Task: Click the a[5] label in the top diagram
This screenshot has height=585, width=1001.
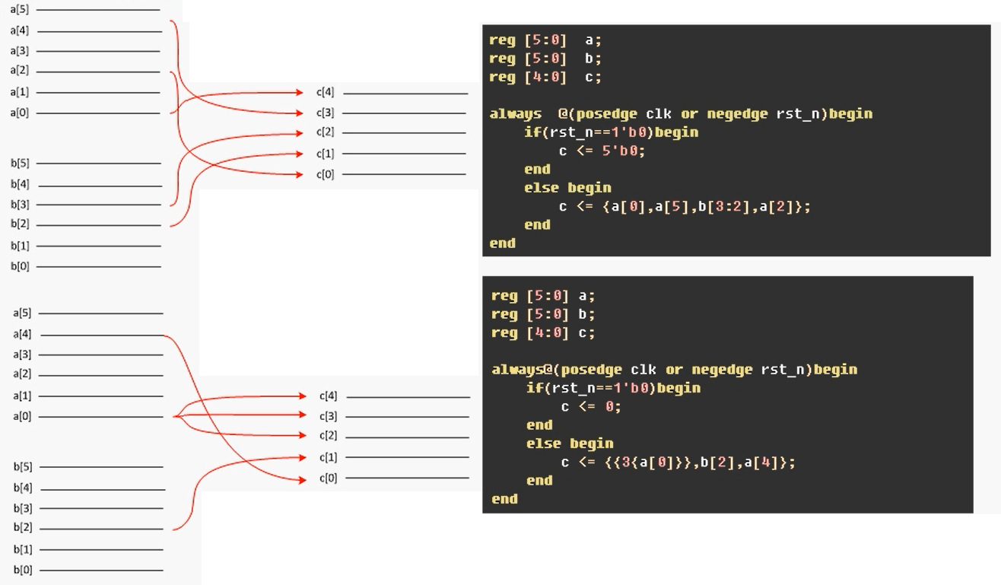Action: click(x=19, y=10)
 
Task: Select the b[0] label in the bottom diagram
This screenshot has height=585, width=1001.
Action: click(x=22, y=570)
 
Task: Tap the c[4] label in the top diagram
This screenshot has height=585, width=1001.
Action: click(x=326, y=93)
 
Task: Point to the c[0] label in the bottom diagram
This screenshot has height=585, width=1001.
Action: click(x=328, y=478)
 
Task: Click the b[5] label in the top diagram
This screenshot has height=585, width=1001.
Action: click(x=20, y=164)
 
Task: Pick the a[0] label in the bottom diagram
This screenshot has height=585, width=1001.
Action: click(x=22, y=416)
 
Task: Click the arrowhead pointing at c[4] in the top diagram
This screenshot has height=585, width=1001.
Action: click(x=299, y=93)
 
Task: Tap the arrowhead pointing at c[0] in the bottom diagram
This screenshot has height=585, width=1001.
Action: click(x=302, y=479)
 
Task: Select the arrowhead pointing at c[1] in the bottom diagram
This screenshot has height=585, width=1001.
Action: click(x=302, y=457)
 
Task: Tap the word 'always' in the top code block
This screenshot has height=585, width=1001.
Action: click(x=515, y=114)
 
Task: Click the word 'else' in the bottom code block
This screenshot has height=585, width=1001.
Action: click(x=544, y=444)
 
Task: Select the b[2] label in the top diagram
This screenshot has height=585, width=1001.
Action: click(x=20, y=224)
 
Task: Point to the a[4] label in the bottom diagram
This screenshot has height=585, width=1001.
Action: click(x=22, y=334)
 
